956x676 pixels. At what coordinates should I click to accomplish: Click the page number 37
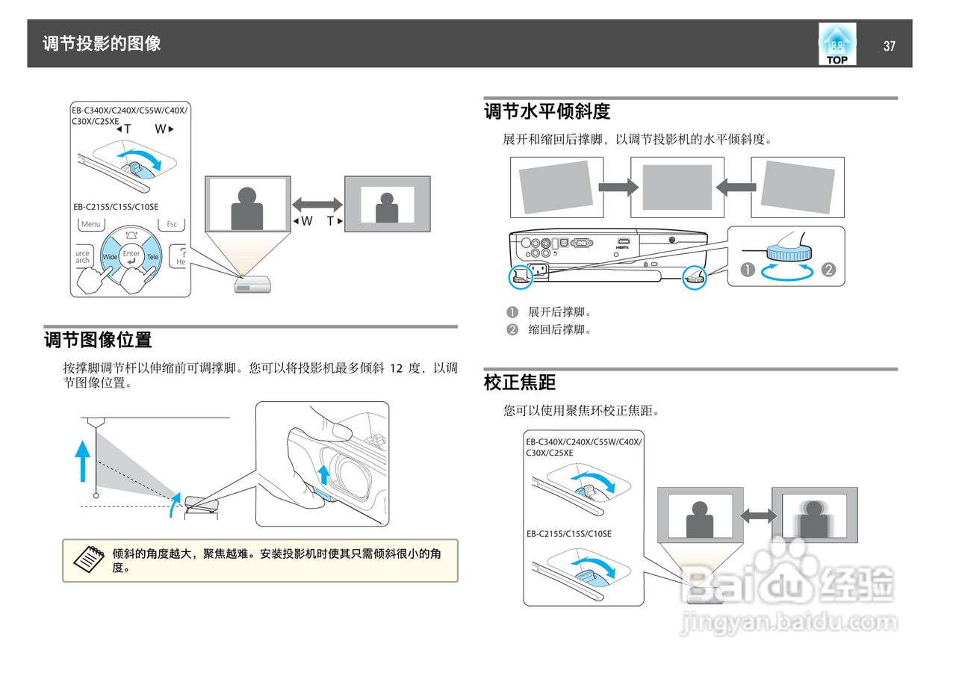tap(889, 46)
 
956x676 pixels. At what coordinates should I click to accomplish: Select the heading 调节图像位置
tap(98, 341)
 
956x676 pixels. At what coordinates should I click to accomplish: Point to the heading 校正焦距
tap(520, 383)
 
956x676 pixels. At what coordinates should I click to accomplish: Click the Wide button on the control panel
tap(111, 256)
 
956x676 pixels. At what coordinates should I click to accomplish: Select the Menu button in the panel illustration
tap(91, 224)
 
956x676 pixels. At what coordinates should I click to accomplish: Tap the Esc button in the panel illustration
tap(172, 224)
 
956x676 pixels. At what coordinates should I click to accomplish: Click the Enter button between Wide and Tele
tap(131, 256)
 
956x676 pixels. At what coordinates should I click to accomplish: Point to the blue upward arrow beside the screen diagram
tap(84, 460)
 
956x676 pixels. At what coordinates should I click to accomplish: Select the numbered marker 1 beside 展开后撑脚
tap(512, 312)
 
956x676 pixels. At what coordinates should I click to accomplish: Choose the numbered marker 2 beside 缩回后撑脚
tap(512, 330)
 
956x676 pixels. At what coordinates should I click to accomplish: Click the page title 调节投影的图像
tap(102, 43)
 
